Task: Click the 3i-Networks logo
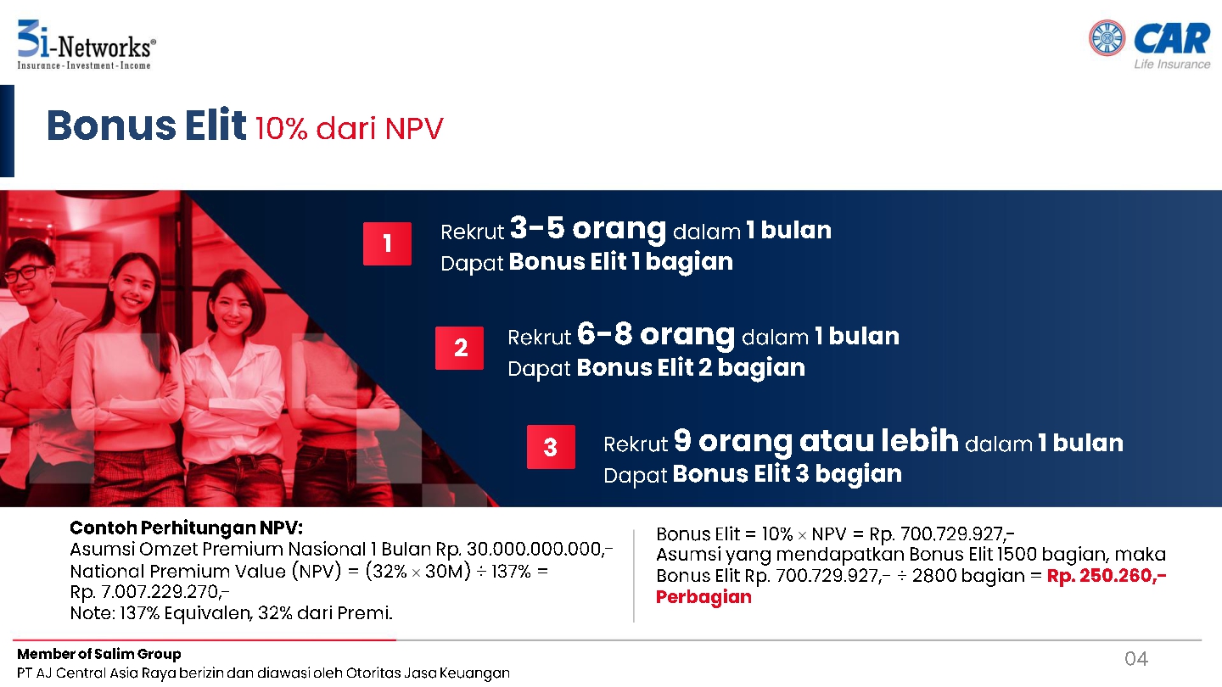(x=87, y=45)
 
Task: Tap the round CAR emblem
(x=1107, y=37)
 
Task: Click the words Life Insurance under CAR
(x=1172, y=64)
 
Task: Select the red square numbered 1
(x=387, y=243)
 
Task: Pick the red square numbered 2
(x=459, y=348)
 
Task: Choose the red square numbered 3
(x=551, y=446)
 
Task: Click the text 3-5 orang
(x=588, y=228)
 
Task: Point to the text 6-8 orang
(x=656, y=334)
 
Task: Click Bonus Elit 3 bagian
(x=788, y=474)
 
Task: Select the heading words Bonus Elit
(x=146, y=126)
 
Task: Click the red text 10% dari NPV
(x=349, y=129)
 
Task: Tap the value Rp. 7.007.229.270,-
(x=149, y=592)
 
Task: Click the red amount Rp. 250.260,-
(x=1107, y=575)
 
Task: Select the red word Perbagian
(x=703, y=597)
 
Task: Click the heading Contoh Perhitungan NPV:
(x=186, y=528)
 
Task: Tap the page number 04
(x=1136, y=659)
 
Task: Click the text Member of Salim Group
(x=98, y=654)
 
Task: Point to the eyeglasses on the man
(x=28, y=272)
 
